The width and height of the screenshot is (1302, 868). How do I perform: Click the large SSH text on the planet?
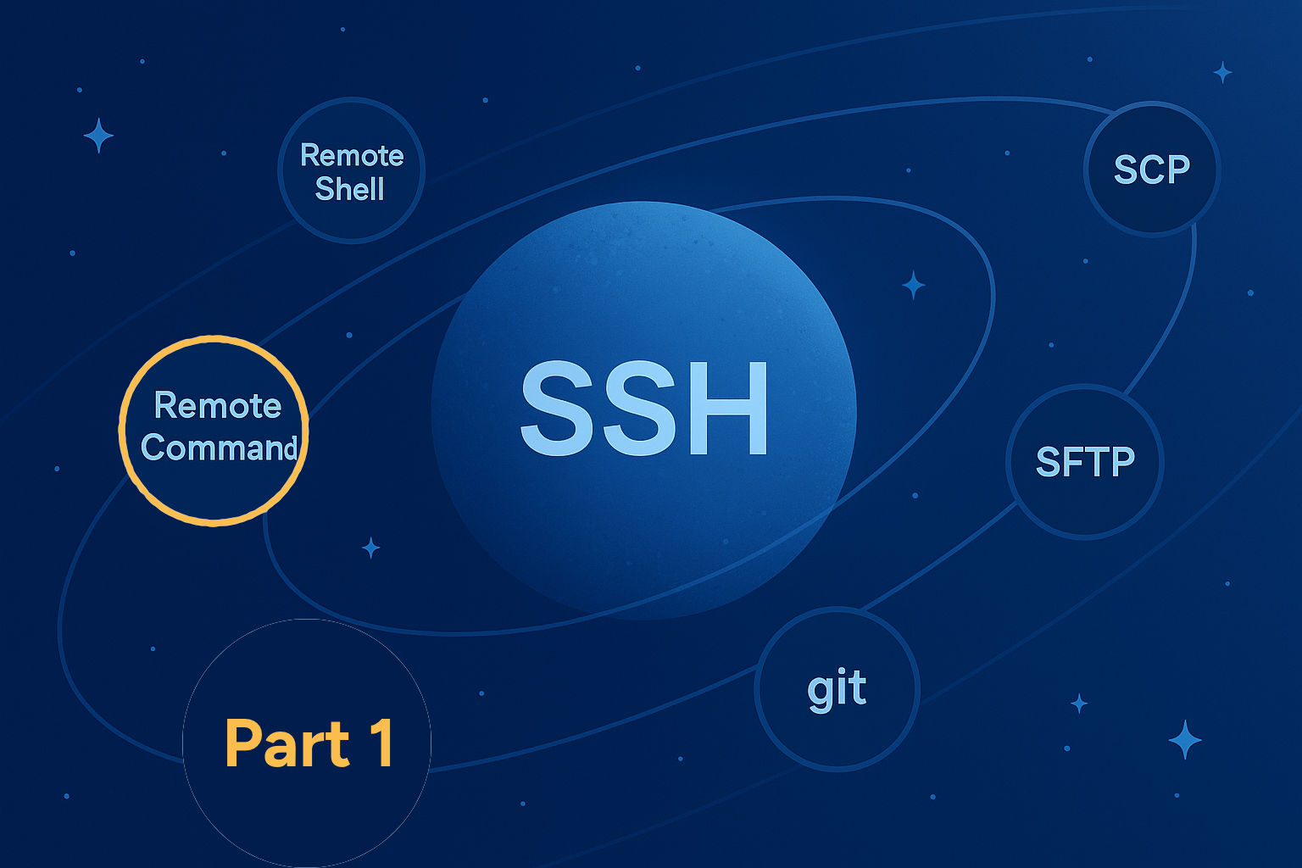[644, 409]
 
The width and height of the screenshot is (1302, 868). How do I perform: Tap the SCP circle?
[1152, 170]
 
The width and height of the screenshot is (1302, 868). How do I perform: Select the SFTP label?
[1085, 462]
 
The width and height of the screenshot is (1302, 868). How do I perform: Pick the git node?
[837, 689]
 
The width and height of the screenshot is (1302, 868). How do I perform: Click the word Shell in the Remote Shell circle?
[350, 189]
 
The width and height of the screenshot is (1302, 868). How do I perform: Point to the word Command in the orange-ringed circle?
[220, 448]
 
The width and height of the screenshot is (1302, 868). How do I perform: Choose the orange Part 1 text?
[309, 743]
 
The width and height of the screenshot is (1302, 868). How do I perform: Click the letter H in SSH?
[728, 409]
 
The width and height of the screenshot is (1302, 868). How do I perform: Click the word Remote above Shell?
[352, 155]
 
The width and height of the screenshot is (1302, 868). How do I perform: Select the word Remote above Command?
[218, 405]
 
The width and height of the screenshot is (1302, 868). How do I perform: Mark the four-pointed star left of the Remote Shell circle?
[99, 136]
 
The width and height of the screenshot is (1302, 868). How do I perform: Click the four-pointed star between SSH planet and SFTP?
[914, 286]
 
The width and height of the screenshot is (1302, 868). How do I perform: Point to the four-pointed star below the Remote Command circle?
[370, 548]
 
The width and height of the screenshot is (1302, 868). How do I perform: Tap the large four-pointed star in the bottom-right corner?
[1185, 739]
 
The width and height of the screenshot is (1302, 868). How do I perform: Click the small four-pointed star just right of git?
[1079, 704]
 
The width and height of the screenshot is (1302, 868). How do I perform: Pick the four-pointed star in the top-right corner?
[1223, 73]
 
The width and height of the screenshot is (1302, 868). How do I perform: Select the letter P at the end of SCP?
[1177, 170]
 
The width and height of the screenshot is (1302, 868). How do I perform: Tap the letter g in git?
[821, 693]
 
